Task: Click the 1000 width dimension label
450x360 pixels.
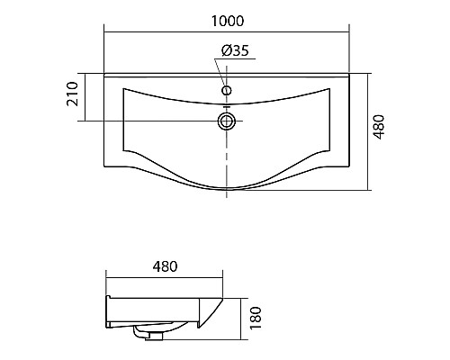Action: click(x=228, y=21)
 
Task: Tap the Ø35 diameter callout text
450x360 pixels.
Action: click(x=235, y=50)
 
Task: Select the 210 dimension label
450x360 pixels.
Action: click(x=72, y=94)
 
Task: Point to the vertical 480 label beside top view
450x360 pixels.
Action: click(x=379, y=127)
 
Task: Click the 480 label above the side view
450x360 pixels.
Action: click(x=165, y=266)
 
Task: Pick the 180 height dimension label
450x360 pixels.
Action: click(x=256, y=318)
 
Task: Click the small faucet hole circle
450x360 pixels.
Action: click(x=227, y=90)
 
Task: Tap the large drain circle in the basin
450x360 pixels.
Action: click(x=227, y=121)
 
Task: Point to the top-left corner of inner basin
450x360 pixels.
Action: click(x=123, y=88)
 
